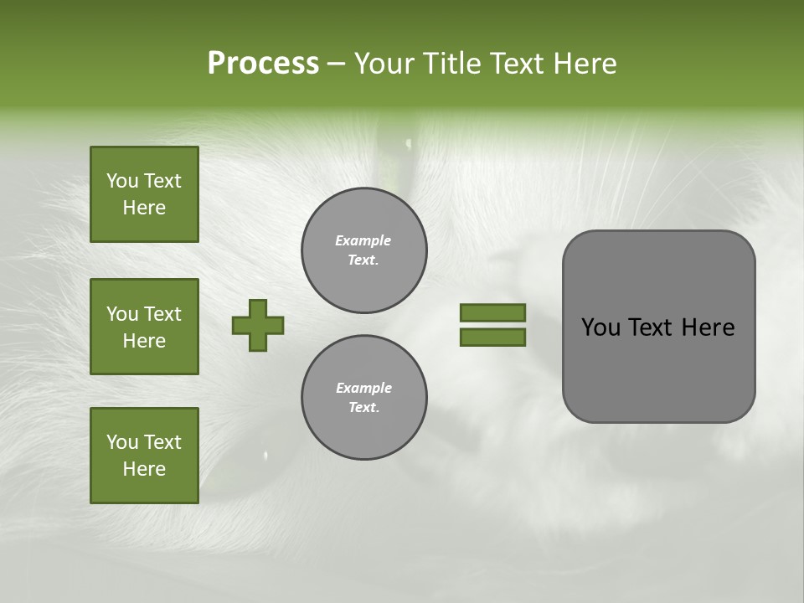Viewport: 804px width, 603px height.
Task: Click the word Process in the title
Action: [x=263, y=64]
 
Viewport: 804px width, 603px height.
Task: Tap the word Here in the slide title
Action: [x=585, y=64]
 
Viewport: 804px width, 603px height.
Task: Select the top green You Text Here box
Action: [x=144, y=194]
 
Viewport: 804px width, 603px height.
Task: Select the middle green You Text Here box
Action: [x=144, y=327]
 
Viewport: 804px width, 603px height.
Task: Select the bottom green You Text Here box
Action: [x=144, y=456]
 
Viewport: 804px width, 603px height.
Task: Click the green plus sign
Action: [x=258, y=325]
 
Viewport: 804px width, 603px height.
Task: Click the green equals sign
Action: [x=492, y=325]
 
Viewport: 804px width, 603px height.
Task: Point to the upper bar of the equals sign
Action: [x=492, y=312]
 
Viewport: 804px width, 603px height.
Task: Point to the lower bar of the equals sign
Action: [x=492, y=338]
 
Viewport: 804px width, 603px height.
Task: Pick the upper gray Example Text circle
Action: [x=363, y=250]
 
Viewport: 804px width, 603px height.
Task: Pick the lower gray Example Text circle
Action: [x=363, y=398]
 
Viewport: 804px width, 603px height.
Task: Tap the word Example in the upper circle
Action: [x=363, y=240]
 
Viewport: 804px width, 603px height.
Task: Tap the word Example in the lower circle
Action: [x=363, y=388]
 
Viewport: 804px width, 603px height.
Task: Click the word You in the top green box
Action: [x=122, y=181]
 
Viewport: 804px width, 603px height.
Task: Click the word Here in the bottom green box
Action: [x=144, y=469]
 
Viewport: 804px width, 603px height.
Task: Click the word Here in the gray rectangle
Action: [x=708, y=327]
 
